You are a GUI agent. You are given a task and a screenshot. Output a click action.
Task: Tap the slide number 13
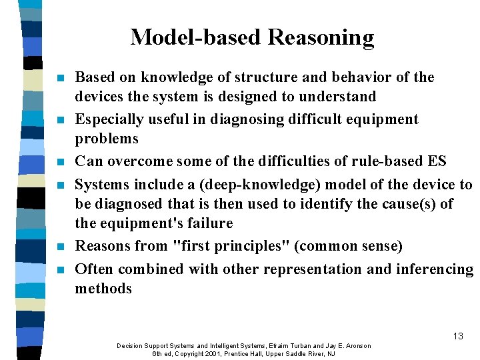457,336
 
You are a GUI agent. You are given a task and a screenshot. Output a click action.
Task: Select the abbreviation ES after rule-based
437,161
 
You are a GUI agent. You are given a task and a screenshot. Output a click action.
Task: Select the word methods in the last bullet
103,289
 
